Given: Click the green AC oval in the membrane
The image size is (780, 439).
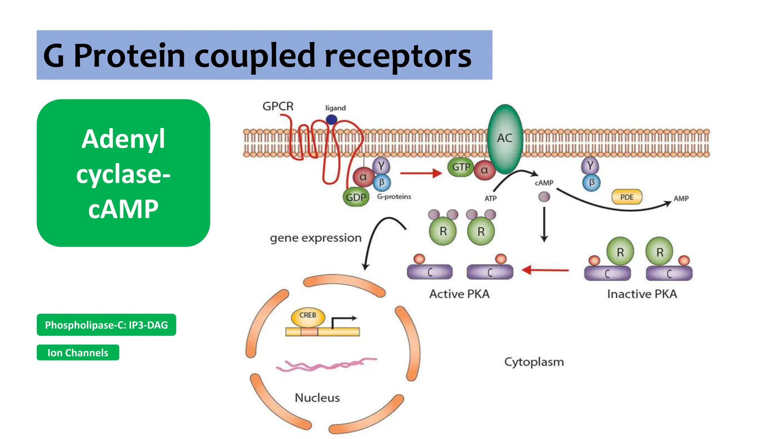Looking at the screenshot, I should point(505,139).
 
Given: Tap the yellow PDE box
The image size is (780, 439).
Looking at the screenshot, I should point(627,197).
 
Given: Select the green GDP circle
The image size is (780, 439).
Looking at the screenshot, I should point(356,197).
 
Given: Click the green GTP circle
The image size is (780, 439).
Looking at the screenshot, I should point(460,167).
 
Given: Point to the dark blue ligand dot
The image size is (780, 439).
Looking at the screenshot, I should point(331,120).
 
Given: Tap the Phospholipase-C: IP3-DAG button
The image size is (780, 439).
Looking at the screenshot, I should point(106,325).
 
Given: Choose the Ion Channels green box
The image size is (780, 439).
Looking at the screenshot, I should point(78,352).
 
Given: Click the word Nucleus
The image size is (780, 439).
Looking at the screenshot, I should point(317,398).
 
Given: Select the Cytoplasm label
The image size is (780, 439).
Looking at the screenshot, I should point(534,362).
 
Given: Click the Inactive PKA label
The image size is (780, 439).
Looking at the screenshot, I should point(642,294).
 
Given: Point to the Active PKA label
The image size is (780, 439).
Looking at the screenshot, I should point(459,294).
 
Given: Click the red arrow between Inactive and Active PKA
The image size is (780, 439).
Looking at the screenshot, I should point(545,270).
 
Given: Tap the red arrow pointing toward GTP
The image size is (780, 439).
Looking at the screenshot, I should point(420,173).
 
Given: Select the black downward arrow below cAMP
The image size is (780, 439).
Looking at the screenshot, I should point(544,225).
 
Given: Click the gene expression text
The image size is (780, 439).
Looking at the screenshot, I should point(315,238).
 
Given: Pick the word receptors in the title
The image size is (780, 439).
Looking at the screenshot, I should point(398,56).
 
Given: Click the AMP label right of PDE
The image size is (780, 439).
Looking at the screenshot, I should point(681,199).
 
